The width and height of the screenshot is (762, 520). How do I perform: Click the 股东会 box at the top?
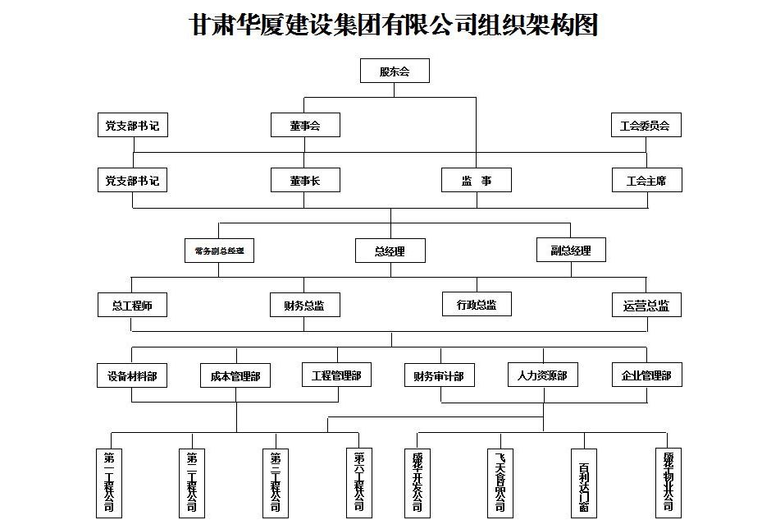395,71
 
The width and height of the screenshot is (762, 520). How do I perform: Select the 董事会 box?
304,126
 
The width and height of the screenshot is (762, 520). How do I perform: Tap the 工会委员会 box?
646,126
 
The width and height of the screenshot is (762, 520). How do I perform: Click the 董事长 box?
304,181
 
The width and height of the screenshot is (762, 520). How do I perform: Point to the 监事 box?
476,181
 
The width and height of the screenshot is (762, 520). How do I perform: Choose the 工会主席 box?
646,181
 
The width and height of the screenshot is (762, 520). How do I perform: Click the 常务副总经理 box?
219,251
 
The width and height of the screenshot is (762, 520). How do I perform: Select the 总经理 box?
390,251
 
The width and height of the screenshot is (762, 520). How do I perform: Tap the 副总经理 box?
571,251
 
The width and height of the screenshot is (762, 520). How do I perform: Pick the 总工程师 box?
132,306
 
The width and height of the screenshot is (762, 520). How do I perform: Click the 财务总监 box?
304,306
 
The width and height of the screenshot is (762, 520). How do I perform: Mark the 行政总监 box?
476,305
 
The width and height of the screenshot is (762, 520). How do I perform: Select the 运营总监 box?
646,306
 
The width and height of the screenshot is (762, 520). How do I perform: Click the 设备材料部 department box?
132,375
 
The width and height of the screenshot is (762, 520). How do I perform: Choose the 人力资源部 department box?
542,375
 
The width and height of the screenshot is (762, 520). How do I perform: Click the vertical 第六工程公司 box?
358,482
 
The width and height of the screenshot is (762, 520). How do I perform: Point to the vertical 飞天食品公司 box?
500,482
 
